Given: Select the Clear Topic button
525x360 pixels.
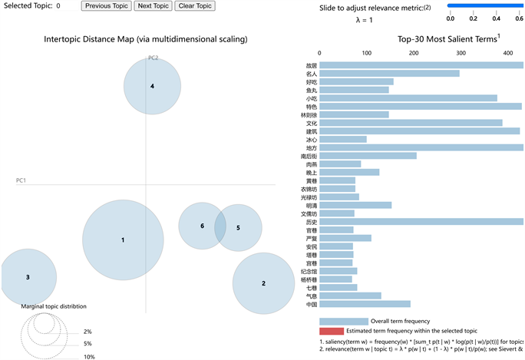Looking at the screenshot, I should (x=195, y=6).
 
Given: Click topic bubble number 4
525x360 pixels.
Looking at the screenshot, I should (x=152, y=86).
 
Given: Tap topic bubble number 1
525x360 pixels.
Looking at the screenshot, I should (x=123, y=239).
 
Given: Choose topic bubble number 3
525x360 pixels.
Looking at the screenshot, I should (x=28, y=276).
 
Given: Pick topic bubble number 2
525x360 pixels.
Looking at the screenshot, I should (x=263, y=283).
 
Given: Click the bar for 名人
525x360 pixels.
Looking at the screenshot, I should (x=389, y=73).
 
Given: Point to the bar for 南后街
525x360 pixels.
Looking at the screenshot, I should (x=368, y=156).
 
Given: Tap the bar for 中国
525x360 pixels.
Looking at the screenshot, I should (x=365, y=304).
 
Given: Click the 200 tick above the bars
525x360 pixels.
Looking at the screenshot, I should (x=414, y=54).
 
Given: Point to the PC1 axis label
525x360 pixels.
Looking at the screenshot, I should (x=21, y=180).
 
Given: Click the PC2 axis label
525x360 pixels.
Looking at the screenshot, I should (x=153, y=58).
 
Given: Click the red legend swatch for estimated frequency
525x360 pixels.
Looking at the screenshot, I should (x=331, y=331).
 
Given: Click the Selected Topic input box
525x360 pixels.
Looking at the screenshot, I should (x=65, y=6).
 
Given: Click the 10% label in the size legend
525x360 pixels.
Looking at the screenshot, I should (x=89, y=357).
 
